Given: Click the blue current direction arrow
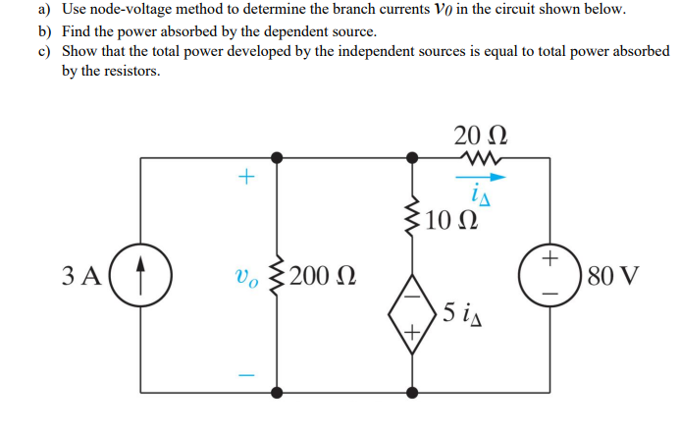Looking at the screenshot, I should (482, 178).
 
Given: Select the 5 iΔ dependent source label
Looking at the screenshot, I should (462, 314).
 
